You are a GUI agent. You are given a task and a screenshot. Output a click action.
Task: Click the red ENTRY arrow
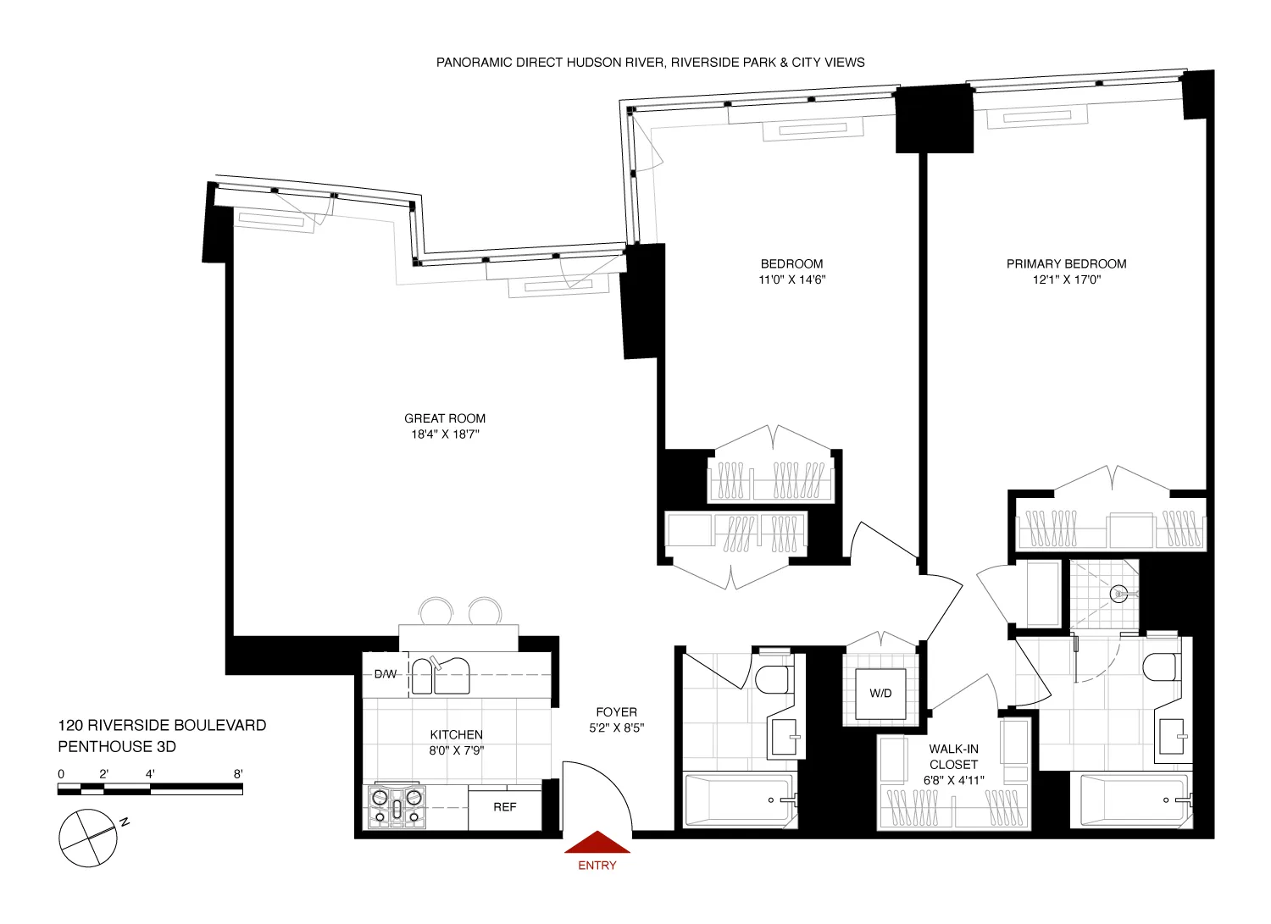(x=597, y=842)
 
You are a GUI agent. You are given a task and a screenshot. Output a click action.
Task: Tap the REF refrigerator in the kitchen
(x=505, y=808)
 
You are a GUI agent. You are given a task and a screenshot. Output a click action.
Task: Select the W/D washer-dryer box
(x=880, y=694)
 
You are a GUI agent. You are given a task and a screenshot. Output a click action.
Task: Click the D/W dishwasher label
(x=386, y=674)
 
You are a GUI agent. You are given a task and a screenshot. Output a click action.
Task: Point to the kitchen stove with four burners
(x=396, y=805)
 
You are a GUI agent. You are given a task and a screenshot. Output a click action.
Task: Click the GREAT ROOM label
(x=445, y=418)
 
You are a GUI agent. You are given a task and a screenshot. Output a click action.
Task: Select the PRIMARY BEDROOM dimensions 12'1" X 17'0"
(x=1066, y=280)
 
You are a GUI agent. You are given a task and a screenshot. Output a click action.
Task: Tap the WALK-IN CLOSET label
(x=953, y=756)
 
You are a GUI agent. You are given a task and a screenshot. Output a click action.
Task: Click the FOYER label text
(x=616, y=712)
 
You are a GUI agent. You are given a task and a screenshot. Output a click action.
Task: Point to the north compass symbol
(x=88, y=838)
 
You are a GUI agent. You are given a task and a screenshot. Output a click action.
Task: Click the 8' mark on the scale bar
(x=238, y=774)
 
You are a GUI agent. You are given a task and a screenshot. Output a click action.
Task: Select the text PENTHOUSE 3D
(x=117, y=747)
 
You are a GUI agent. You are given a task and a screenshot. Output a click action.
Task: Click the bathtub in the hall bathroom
(x=739, y=800)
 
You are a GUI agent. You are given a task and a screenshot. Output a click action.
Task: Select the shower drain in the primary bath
(x=1119, y=594)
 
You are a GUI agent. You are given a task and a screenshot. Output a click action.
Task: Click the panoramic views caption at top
(x=650, y=63)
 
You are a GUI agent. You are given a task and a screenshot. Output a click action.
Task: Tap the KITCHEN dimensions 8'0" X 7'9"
(x=456, y=750)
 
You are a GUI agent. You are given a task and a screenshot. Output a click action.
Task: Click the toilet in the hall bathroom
(x=774, y=678)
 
